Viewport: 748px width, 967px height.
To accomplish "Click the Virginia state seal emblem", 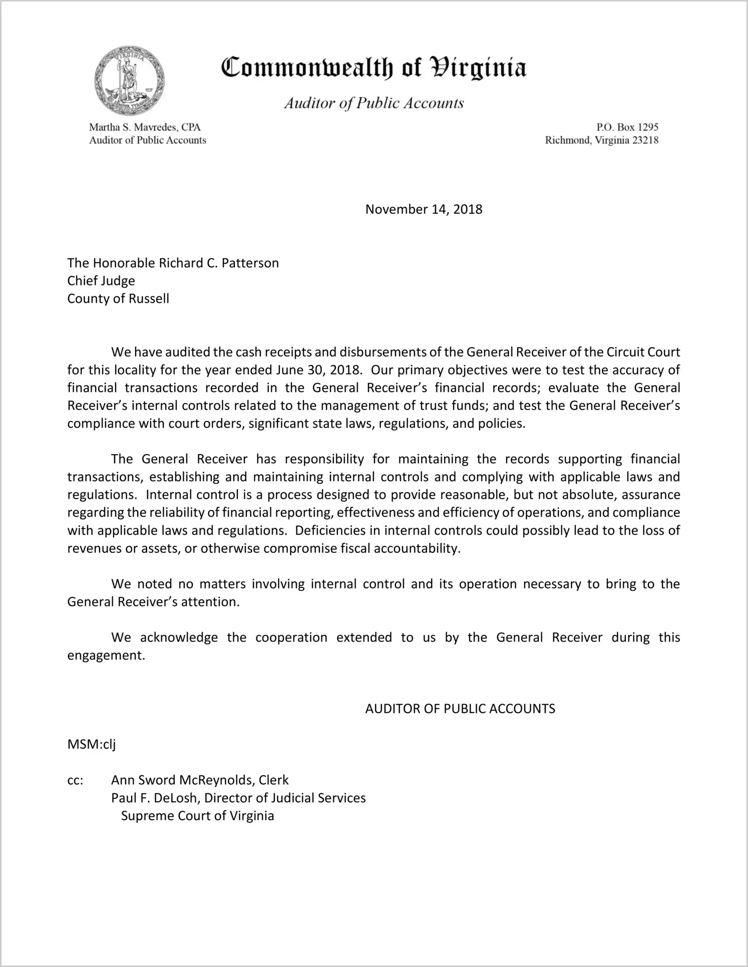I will (x=130, y=81).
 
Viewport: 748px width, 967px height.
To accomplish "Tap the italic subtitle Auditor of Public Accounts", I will (x=373, y=103).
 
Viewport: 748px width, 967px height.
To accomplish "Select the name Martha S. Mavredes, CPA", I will (x=145, y=127).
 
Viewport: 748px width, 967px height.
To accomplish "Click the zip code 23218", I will (x=645, y=140).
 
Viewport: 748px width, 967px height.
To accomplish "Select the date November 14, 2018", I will (x=424, y=209).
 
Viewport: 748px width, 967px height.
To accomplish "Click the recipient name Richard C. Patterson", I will (x=219, y=263).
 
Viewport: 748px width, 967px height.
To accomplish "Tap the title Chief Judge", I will (x=101, y=281).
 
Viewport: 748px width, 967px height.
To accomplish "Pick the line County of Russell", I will (x=118, y=298).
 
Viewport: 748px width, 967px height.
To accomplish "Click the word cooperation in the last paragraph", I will (x=291, y=637).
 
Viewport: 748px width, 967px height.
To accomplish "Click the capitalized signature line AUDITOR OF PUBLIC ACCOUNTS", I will (x=460, y=709).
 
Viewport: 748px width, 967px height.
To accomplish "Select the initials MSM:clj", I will (x=92, y=744).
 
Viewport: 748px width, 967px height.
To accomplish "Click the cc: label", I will (x=75, y=780).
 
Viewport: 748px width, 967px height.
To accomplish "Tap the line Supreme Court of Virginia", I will (x=197, y=816).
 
